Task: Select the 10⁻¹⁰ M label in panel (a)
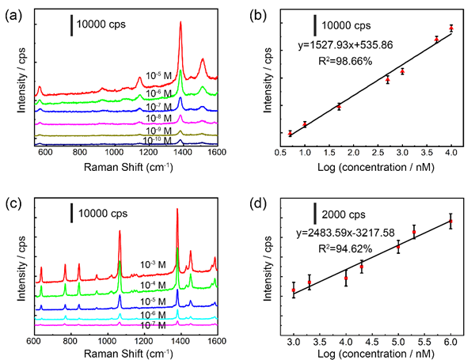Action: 161,140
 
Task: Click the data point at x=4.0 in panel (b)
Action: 451,28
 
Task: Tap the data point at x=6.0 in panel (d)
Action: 450,222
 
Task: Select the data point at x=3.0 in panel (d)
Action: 294,290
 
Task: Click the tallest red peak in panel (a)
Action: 180,24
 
